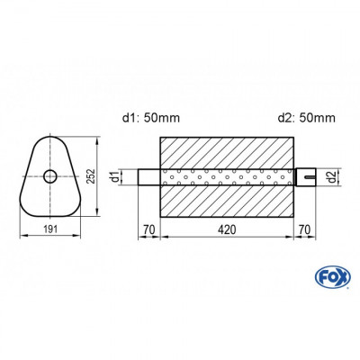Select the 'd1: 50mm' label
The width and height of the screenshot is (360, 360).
(148, 116)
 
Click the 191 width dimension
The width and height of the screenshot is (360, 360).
(52, 232)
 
